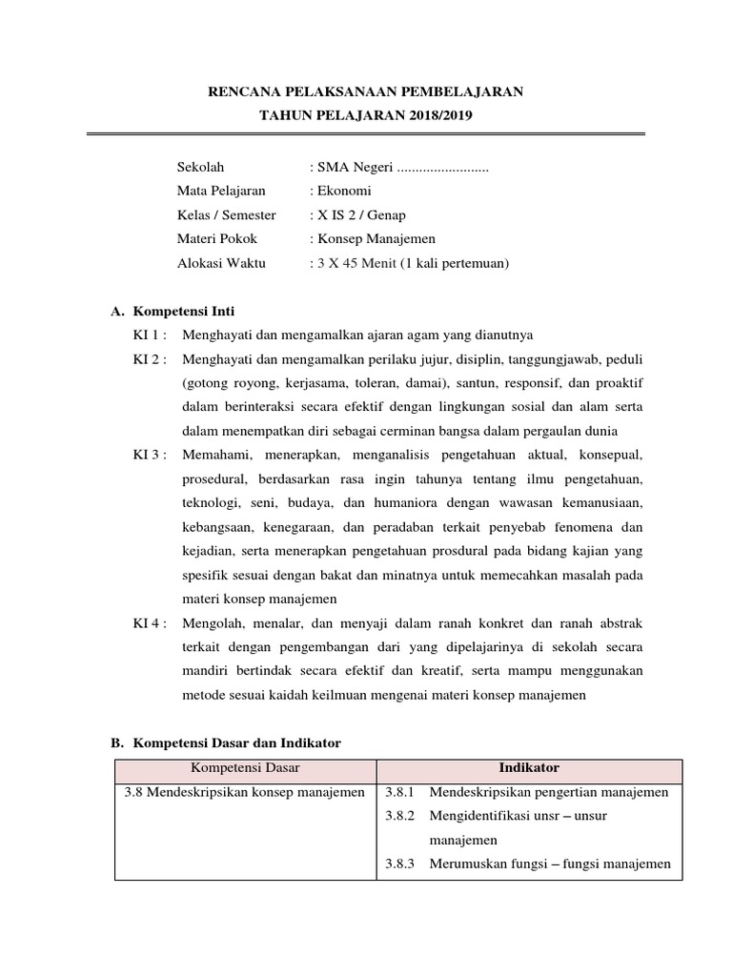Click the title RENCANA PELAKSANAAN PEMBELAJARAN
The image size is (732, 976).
point(366,91)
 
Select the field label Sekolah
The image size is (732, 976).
point(200,167)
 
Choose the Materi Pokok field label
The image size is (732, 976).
point(216,238)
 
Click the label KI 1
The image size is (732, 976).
point(150,335)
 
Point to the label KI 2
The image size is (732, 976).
point(150,358)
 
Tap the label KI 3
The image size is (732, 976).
point(150,454)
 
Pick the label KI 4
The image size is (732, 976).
point(150,623)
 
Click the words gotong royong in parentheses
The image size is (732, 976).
point(225,382)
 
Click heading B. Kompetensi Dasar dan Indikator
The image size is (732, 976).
point(226,742)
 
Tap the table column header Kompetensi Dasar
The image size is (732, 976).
point(245,767)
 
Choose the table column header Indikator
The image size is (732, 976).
point(529,767)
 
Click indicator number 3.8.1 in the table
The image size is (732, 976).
point(399,792)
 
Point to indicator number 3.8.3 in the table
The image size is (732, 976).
point(399,864)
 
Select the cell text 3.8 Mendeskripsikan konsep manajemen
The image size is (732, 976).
point(245,792)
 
